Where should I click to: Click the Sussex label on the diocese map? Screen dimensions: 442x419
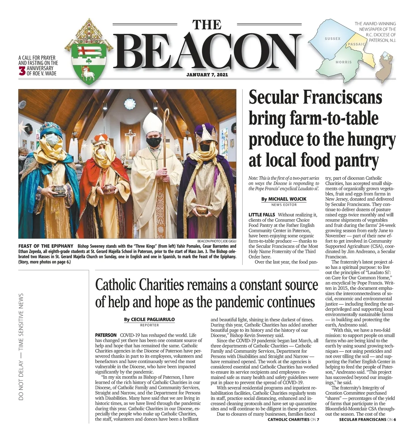click(332, 38)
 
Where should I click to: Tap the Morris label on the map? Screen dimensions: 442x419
click(343, 62)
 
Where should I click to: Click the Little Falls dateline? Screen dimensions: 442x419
click(262, 215)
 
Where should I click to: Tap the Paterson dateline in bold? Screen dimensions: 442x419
click(106, 335)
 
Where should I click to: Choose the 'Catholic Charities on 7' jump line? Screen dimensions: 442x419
click(293, 419)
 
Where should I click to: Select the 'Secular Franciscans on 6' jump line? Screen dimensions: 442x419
click(367, 419)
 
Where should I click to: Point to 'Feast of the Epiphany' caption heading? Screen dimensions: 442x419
click(46, 246)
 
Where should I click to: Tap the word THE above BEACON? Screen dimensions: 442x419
click(207, 25)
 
